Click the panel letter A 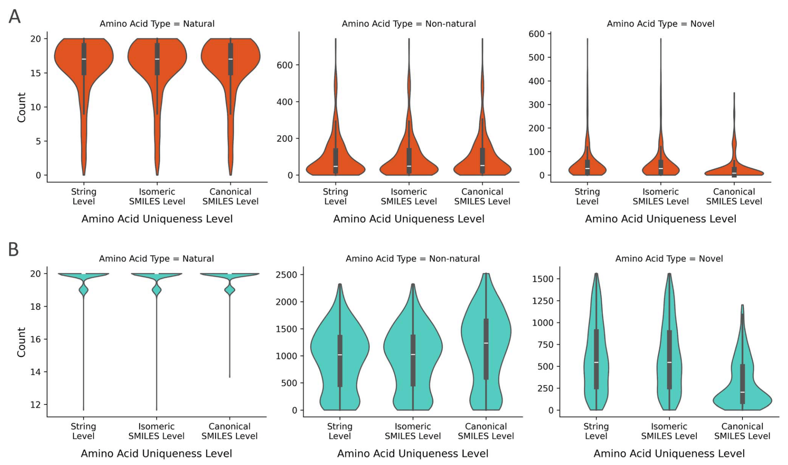click(15, 17)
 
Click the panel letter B click(13, 250)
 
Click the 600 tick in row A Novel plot click(536, 34)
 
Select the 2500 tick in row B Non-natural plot click(286, 274)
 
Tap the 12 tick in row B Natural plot click(36, 405)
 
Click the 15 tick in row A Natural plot click(36, 73)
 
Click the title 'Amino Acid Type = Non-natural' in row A click(409, 24)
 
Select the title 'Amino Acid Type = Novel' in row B click(669, 259)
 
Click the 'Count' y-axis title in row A click(21, 107)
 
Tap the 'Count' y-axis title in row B click(21, 342)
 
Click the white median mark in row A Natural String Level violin click(84, 59)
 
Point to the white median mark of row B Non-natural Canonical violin click(486, 343)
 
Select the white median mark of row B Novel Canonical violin click(743, 392)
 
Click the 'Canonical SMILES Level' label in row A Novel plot click(734, 197)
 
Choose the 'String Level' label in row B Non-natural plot click(339, 431)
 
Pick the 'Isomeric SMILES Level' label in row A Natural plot click(157, 197)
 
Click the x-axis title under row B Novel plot click(669, 454)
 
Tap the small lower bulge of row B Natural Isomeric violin click(157, 290)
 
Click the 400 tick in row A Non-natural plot click(284, 102)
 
